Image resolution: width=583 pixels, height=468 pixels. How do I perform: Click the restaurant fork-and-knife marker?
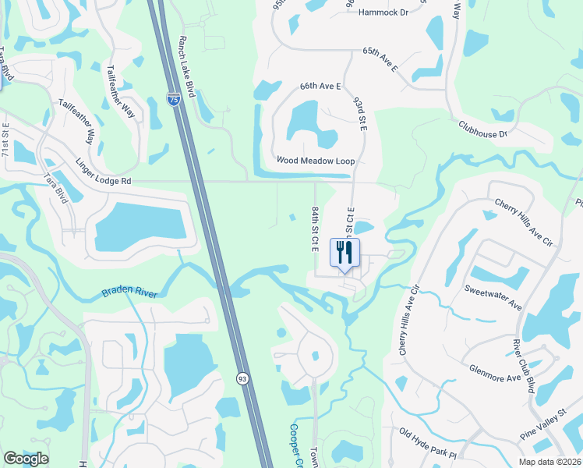click(x=344, y=252)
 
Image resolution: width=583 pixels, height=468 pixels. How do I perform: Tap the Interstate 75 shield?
click(x=173, y=99)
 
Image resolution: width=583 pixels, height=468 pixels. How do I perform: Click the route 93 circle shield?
click(x=243, y=378)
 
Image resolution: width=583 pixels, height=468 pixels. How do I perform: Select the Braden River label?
click(x=129, y=293)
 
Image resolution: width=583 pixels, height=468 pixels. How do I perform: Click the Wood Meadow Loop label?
click(x=316, y=160)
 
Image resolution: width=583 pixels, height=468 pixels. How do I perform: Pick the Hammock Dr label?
click(x=383, y=12)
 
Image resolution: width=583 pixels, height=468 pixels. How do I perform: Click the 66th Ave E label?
click(x=320, y=86)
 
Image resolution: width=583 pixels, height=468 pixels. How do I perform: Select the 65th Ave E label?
click(x=380, y=59)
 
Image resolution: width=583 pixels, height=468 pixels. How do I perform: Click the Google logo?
click(x=26, y=459)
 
